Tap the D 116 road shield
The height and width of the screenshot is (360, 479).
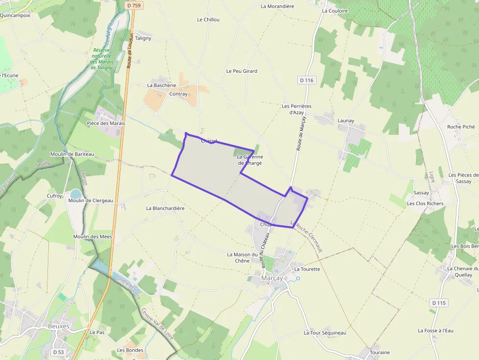(x=306, y=80)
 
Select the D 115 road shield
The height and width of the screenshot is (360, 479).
(x=439, y=303)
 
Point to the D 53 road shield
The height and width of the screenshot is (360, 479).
(x=58, y=352)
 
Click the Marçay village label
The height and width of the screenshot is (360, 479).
(x=271, y=278)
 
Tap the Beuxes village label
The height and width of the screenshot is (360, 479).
(x=59, y=326)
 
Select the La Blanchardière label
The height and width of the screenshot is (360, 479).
(x=165, y=208)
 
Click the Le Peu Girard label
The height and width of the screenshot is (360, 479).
(x=241, y=71)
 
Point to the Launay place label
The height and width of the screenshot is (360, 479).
(x=346, y=121)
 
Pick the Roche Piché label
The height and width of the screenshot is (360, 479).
(x=460, y=127)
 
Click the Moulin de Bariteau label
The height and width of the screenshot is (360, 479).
(x=72, y=154)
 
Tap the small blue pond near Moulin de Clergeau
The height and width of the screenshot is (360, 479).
(x=76, y=194)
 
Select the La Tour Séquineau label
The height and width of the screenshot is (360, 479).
(x=325, y=333)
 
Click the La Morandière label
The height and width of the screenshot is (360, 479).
(x=277, y=6)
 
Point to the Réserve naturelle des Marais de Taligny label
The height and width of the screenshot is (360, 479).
(x=102, y=59)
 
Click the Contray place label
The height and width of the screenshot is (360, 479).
(x=178, y=94)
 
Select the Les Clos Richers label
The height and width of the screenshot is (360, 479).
(x=425, y=204)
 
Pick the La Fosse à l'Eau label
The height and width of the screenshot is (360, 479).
(x=435, y=331)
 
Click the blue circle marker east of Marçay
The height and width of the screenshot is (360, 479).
(x=298, y=278)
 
